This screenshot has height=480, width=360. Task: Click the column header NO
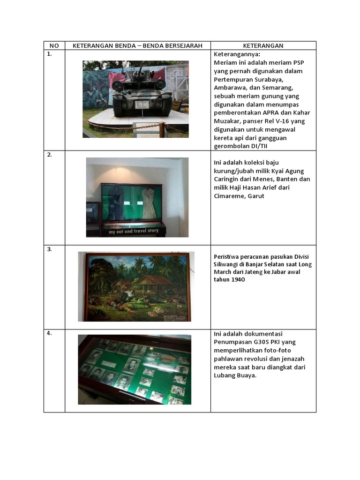coord(54,45)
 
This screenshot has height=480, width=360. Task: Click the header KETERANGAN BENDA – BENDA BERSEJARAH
coord(137,45)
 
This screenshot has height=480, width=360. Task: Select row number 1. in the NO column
coord(49,54)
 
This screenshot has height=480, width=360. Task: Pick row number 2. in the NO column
coord(49,155)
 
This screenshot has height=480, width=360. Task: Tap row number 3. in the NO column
coord(49,249)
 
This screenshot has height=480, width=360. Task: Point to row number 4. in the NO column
coord(49,333)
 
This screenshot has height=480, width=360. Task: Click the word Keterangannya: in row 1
coord(237,54)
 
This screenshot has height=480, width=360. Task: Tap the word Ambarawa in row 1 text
coord(230,88)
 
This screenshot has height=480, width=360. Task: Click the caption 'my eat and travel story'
coord(134,231)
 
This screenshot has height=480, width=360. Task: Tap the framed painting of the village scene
coord(135,286)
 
